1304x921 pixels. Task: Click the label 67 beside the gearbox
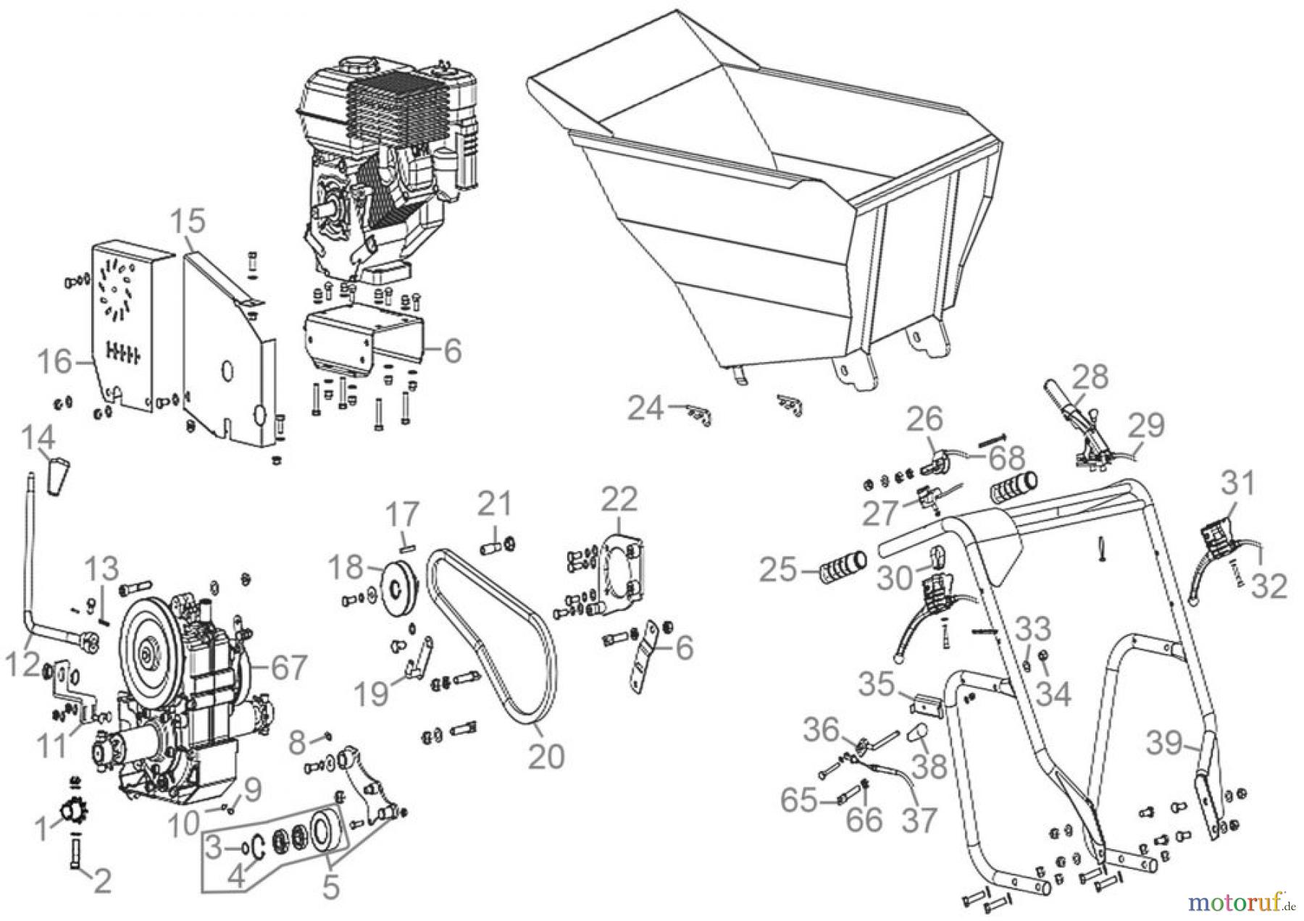(288, 668)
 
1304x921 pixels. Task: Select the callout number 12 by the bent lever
(22, 646)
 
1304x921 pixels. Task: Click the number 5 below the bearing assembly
(330, 888)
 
